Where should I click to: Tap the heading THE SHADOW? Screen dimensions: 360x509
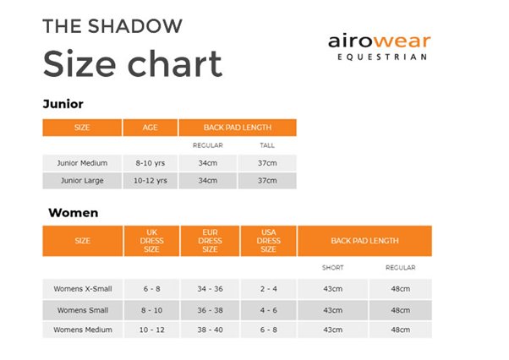[112, 25]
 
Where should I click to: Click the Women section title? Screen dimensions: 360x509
[73, 212]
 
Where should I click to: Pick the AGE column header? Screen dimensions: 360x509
[151, 128]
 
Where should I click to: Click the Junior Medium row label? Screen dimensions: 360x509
[82, 162]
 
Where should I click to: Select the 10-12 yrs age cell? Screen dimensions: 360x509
[151, 180]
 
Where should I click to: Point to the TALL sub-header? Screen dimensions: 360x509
[267, 145]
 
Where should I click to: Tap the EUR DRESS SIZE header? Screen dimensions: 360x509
[210, 241]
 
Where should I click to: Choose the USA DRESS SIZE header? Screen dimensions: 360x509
[268, 241]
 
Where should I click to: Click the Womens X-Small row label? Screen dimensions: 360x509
[82, 288]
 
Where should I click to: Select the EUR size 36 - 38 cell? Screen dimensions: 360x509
[210, 310]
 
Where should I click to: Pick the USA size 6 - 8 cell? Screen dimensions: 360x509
[268, 330]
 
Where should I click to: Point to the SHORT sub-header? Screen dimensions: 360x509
[332, 268]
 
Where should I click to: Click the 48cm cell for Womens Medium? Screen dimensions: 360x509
[400, 330]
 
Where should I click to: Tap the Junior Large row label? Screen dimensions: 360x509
[82, 180]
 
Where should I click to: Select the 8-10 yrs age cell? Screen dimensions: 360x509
[151, 162]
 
